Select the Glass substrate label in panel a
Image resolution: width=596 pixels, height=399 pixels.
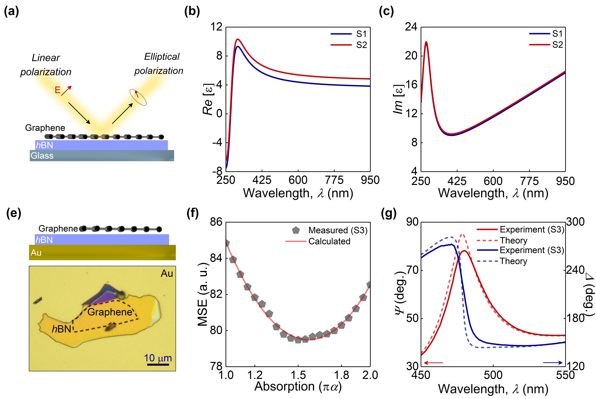(42, 156)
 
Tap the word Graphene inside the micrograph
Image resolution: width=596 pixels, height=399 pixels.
(110, 312)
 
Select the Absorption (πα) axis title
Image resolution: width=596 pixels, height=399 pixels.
(298, 386)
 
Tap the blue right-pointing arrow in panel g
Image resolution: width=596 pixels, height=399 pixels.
(553, 363)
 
